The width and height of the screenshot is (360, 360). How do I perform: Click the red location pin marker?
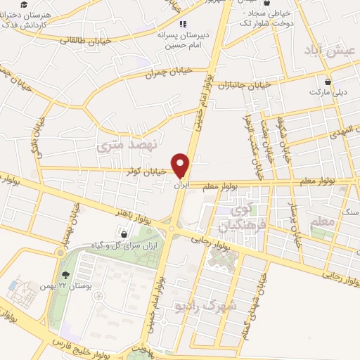(183, 165)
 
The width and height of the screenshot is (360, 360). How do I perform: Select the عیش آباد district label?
(328, 50)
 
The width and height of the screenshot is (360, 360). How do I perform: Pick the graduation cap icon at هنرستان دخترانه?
(5, 15)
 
